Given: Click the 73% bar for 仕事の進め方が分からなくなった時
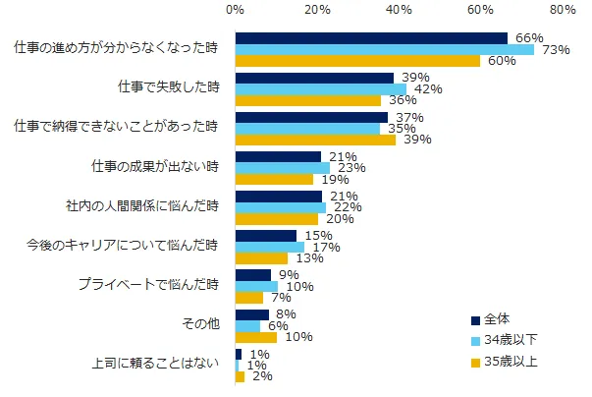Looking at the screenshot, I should point(384,49).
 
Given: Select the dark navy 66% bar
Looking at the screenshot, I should point(371,38).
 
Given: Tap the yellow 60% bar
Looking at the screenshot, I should point(357,61).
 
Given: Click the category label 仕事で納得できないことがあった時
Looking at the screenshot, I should point(116,127).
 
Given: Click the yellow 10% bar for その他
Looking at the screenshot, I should point(256,338).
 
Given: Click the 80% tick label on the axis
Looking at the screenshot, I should point(563,10).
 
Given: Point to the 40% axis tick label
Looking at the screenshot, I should point(399,10).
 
